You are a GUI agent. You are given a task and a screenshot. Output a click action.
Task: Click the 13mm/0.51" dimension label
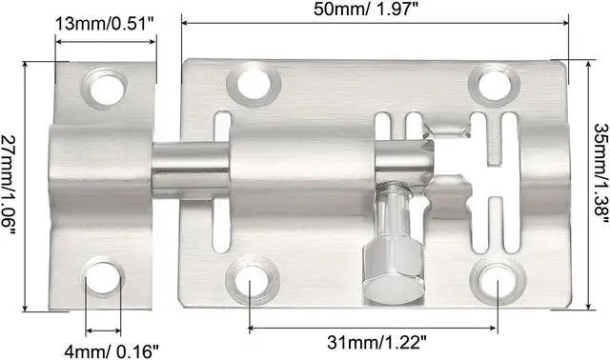coord(104,25)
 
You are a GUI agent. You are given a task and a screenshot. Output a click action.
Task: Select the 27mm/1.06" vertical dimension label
coord(11,181)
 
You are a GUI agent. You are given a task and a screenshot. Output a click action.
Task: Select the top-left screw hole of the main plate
coord(254,83)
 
